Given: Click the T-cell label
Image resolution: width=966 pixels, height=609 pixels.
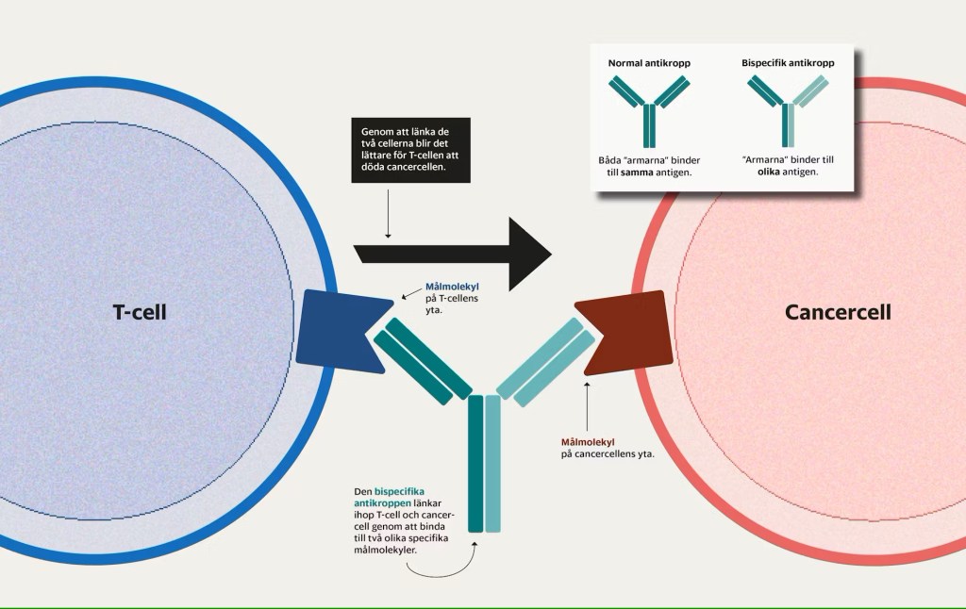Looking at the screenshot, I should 140,312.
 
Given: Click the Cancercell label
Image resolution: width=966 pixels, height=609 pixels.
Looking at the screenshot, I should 838,312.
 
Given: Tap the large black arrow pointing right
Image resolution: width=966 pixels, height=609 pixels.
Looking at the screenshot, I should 452,253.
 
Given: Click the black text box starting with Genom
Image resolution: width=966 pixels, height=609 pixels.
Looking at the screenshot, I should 410,149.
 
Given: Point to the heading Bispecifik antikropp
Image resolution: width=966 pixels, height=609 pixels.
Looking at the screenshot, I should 787,63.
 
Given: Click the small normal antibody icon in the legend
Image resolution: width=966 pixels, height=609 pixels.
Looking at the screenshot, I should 648,108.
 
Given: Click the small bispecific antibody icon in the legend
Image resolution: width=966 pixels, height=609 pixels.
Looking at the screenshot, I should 788,108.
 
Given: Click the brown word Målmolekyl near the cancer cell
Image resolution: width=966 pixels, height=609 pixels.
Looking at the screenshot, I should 588,441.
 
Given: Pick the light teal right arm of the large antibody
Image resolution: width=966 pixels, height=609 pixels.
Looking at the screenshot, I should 546,360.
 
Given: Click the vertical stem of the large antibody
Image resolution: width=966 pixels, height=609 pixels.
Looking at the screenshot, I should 484,462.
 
